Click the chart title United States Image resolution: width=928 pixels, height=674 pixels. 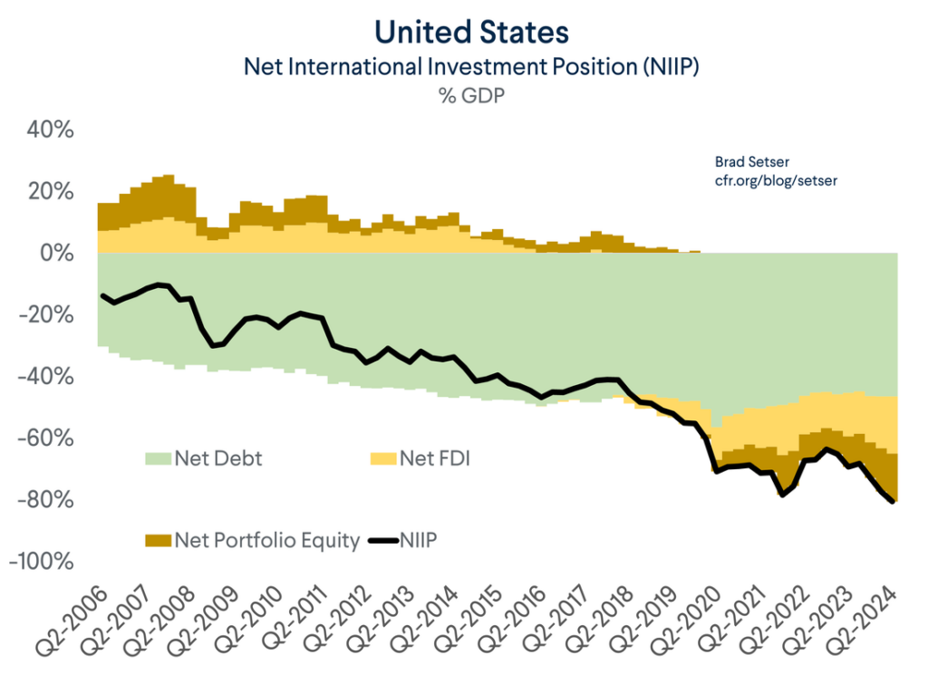point(471,33)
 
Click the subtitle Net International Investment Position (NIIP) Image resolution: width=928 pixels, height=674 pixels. point(471,66)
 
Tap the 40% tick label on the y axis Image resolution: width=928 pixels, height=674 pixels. point(48,130)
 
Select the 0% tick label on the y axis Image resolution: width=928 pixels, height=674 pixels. point(57,254)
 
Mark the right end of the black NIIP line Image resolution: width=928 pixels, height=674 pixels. point(894,501)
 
